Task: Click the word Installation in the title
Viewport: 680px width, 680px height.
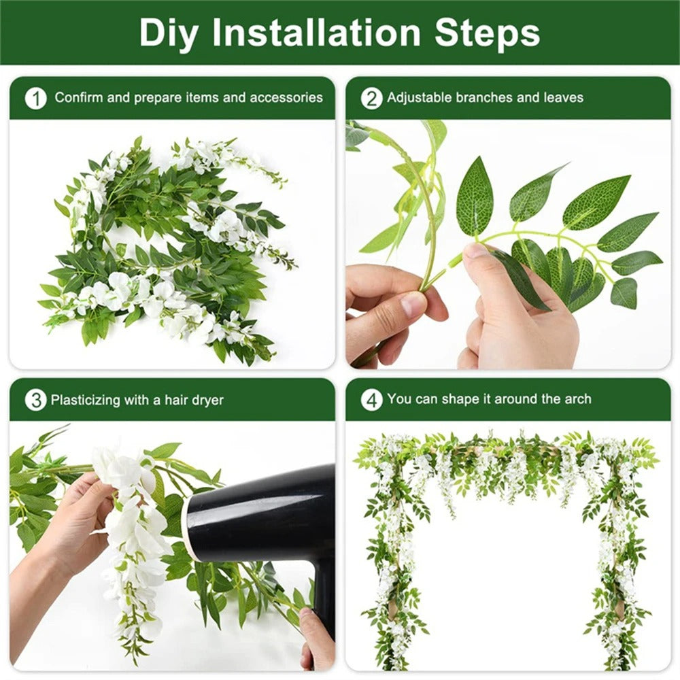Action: (x=320, y=33)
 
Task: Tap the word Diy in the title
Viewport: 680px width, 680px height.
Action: (x=170, y=33)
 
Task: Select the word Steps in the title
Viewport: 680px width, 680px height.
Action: (x=488, y=33)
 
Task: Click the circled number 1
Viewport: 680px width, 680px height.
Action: (x=35, y=98)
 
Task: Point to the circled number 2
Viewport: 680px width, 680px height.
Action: (x=371, y=98)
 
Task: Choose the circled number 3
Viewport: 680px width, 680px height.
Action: (x=35, y=400)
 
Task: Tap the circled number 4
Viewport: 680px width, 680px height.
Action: (x=371, y=400)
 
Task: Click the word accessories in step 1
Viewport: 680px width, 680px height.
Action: (x=286, y=98)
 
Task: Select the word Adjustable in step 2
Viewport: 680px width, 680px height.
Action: (x=420, y=98)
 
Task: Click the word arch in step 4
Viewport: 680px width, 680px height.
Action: (x=577, y=399)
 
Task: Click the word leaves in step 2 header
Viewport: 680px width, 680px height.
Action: (x=564, y=98)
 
